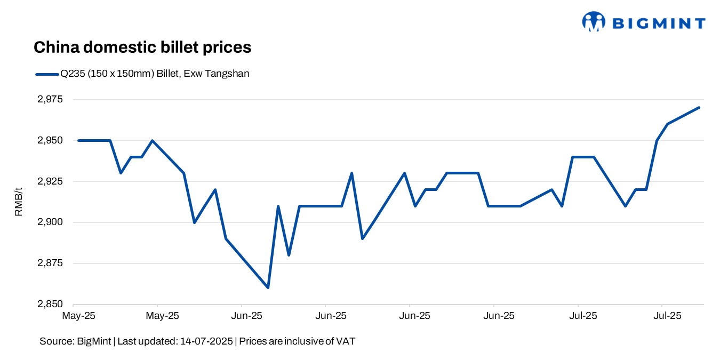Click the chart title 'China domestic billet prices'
(142, 47)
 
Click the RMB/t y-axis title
(19, 202)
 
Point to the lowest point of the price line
(268, 287)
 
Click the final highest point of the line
(699, 108)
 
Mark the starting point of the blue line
(79, 140)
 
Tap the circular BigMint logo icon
(594, 22)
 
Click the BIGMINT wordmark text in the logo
(659, 23)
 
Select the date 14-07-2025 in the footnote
(205, 341)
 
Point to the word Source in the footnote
(53, 341)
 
